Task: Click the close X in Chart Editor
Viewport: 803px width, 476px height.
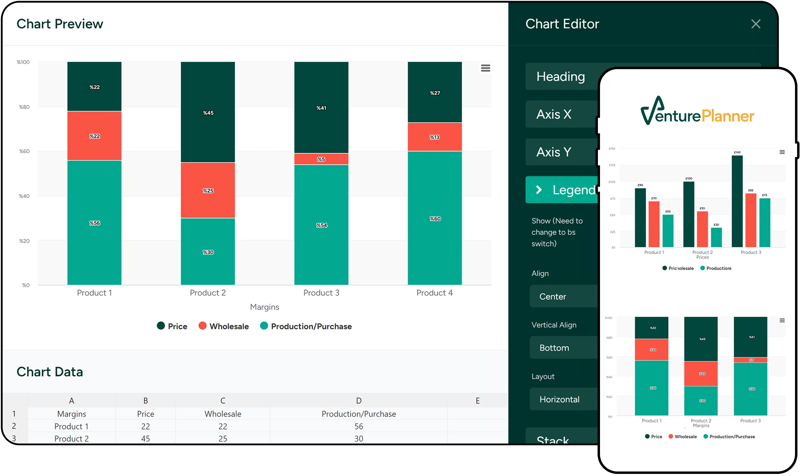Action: [x=755, y=24]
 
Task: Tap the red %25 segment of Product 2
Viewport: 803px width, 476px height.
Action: [x=208, y=190]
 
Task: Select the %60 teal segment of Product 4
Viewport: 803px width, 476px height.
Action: [x=435, y=218]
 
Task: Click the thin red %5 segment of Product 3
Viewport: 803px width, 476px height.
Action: [x=321, y=159]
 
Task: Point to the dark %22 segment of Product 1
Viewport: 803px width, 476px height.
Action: [x=94, y=87]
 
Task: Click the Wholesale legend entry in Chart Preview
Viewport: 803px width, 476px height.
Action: [x=224, y=326]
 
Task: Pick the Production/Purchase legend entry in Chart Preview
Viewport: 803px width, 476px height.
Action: [x=306, y=326]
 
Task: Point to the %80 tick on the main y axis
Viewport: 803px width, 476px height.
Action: [x=24, y=107]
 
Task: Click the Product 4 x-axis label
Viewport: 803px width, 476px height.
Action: [x=435, y=293]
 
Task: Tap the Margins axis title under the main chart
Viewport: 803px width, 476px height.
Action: [x=265, y=307]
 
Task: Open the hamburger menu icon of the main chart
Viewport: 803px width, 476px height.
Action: [x=485, y=68]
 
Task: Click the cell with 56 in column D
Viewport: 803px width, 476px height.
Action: [x=358, y=426]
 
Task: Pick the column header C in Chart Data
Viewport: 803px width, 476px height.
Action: [x=223, y=401]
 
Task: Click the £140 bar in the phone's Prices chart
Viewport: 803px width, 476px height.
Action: [x=737, y=202]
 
